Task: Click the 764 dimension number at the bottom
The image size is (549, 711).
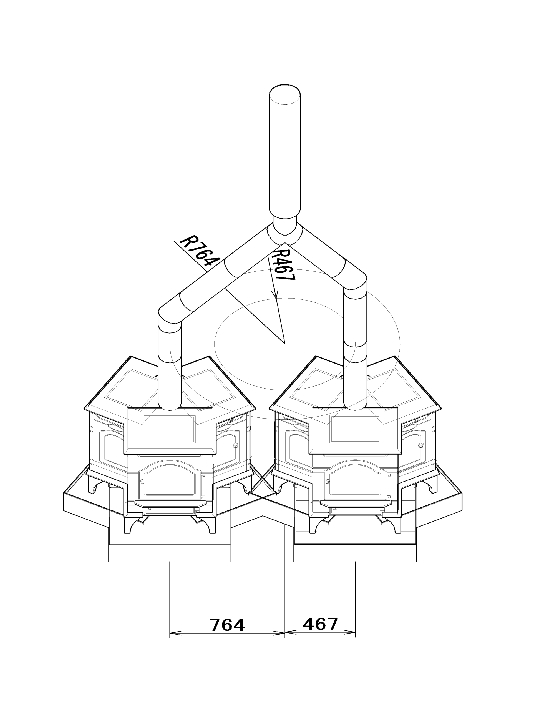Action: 227,625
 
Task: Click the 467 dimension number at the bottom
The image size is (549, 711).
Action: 320,624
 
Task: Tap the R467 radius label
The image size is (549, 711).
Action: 283,265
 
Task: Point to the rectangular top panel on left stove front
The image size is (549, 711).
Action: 170,429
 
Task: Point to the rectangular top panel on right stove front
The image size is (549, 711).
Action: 355,429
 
